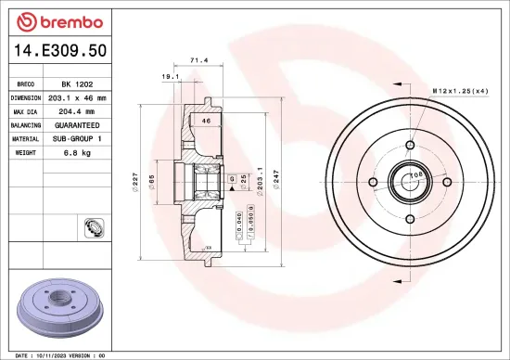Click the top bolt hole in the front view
click(409, 146)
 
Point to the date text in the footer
click(56, 355)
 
